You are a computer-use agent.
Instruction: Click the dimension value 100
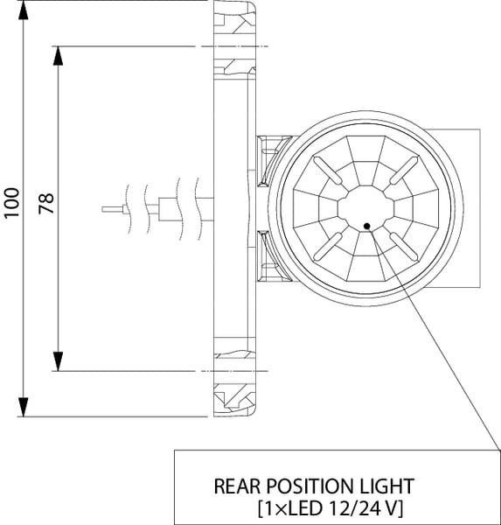coord(11,203)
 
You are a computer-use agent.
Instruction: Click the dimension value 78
coord(45,203)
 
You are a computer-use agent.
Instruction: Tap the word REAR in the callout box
coord(237,486)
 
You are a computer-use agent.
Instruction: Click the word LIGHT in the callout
coord(387,486)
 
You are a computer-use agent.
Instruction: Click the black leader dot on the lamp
coord(367,227)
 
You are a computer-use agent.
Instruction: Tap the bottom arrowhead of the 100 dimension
coord(23,407)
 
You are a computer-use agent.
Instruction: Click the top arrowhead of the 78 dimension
coord(59,56)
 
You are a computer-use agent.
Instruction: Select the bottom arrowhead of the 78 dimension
coord(59,361)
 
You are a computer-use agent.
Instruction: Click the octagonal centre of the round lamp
coord(365,209)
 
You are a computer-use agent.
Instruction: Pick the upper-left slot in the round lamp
coord(328,171)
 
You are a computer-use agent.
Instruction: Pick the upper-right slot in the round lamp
coord(404,171)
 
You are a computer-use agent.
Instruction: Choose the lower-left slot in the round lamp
coord(328,247)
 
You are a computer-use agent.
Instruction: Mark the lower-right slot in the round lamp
coord(404,247)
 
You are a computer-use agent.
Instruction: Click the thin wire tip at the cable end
coord(113,210)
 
